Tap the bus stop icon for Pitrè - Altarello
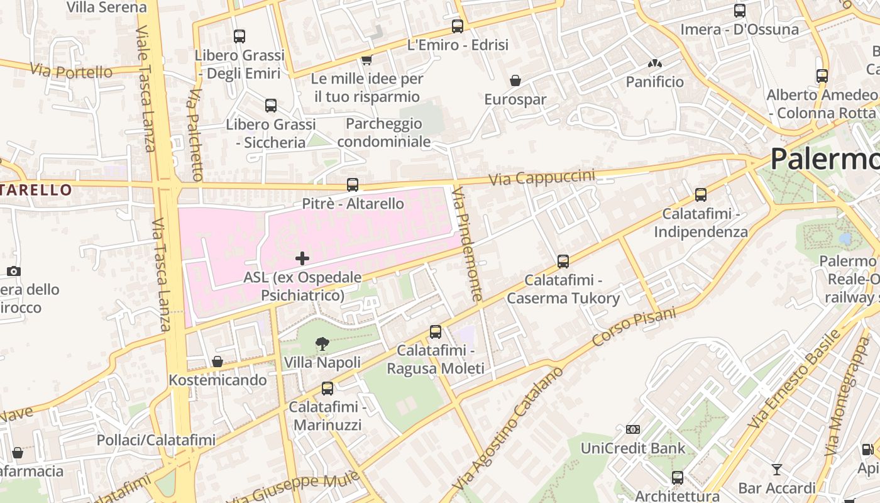(353, 185)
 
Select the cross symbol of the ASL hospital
(302, 258)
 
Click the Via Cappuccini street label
(542, 177)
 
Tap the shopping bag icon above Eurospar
(515, 80)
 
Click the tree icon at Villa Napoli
(322, 343)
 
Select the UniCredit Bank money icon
(633, 429)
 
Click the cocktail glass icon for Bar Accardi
(777, 469)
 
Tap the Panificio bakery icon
(654, 64)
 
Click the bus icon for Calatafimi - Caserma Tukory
(563, 261)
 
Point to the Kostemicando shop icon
(217, 362)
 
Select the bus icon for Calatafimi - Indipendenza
(701, 195)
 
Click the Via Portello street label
(70, 71)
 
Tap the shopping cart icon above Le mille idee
(366, 60)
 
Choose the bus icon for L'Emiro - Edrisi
(458, 26)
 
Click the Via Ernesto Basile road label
(794, 379)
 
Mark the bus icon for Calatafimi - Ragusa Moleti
(436, 332)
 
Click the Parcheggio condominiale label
(384, 133)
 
